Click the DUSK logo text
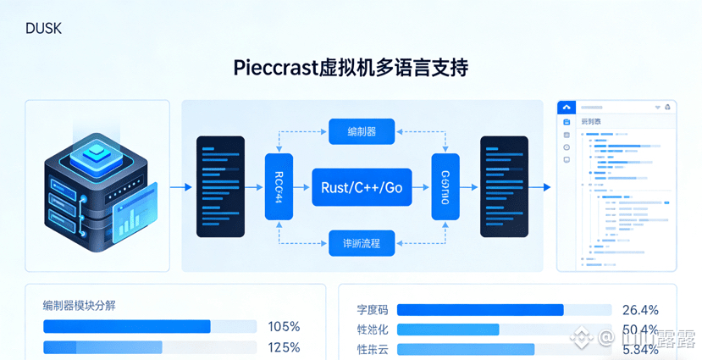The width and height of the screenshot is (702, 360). pyautogui.click(x=43, y=29)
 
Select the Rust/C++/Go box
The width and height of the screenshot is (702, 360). pyautogui.click(x=362, y=187)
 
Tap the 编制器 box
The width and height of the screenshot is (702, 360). pyautogui.click(x=362, y=131)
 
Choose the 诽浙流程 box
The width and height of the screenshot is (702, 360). pyautogui.click(x=362, y=243)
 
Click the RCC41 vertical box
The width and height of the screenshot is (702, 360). pyautogui.click(x=279, y=187)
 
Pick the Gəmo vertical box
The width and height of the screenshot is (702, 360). pyautogui.click(x=445, y=187)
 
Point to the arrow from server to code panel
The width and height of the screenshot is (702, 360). pyautogui.click(x=180, y=187)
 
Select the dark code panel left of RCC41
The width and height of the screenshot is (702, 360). pyautogui.click(x=220, y=187)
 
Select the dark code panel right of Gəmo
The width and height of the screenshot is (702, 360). pyautogui.click(x=504, y=187)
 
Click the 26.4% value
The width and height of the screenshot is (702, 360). pyautogui.click(x=640, y=310)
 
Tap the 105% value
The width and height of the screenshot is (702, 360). pyautogui.click(x=284, y=327)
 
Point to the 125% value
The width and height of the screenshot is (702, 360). pyautogui.click(x=284, y=347)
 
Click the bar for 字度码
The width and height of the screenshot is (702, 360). pyautogui.click(x=480, y=310)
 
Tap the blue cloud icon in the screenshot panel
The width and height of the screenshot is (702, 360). pyautogui.click(x=567, y=108)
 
